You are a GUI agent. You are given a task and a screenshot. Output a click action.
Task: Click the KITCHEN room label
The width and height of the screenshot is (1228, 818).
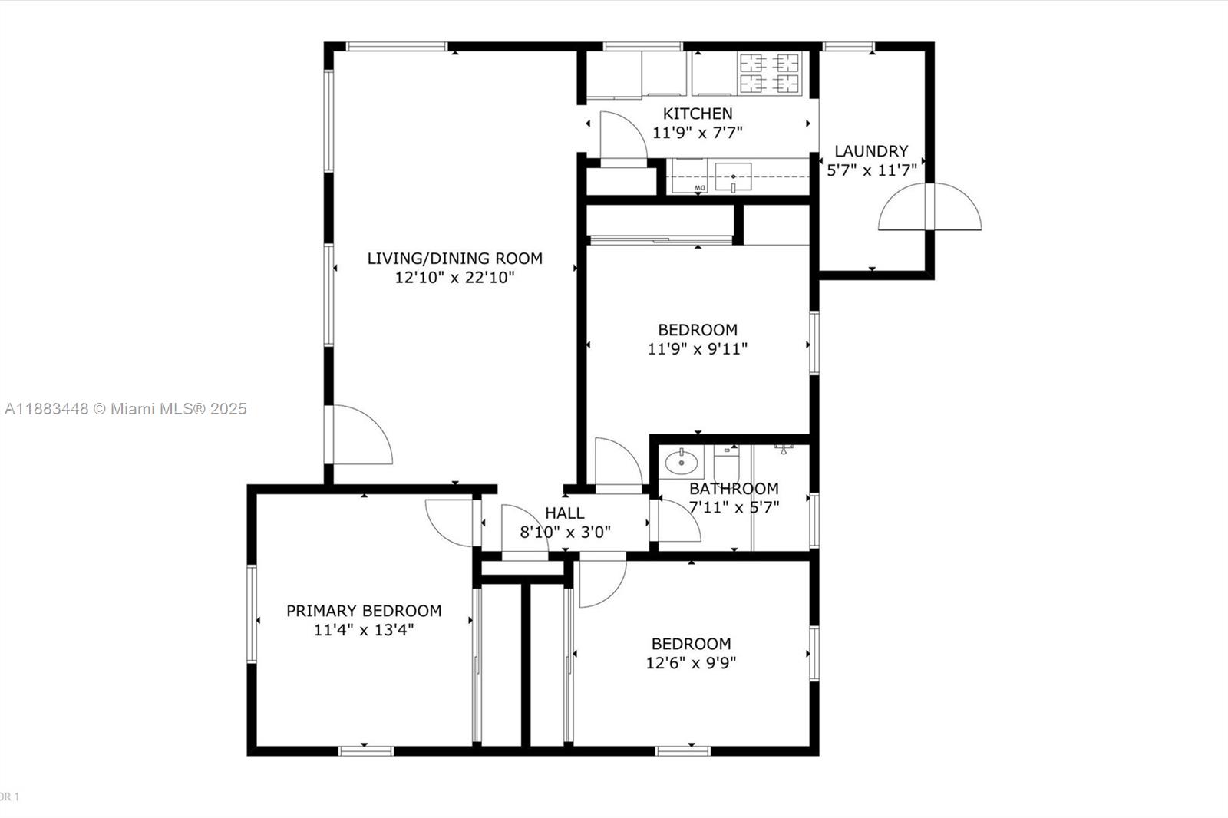pyautogui.click(x=698, y=114)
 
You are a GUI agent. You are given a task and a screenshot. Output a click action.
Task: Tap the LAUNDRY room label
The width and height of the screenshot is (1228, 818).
pyautogui.click(x=871, y=150)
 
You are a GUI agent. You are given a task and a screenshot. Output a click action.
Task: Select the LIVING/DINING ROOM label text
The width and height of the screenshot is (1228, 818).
pyautogui.click(x=454, y=259)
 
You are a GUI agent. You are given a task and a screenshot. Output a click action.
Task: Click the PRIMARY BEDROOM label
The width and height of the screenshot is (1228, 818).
pyautogui.click(x=364, y=610)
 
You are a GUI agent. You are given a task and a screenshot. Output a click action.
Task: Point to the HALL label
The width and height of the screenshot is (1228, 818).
pyautogui.click(x=565, y=513)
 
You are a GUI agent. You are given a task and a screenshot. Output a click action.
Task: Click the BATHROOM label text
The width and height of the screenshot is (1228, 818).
pyautogui.click(x=734, y=489)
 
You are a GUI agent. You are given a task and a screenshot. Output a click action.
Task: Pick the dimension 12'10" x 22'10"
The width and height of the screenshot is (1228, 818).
pyautogui.click(x=454, y=278)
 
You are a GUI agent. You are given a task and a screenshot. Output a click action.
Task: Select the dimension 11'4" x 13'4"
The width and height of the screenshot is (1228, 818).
pyautogui.click(x=364, y=630)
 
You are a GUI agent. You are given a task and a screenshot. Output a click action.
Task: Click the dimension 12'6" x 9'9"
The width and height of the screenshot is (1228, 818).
pyautogui.click(x=691, y=663)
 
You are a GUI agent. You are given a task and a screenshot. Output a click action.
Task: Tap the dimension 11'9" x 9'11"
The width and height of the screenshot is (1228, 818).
pyautogui.click(x=698, y=348)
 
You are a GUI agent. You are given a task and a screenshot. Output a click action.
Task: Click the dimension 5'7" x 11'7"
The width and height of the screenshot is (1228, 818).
pyautogui.click(x=872, y=170)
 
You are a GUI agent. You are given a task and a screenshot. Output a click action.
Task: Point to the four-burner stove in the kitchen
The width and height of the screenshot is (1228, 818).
pyautogui.click(x=770, y=74)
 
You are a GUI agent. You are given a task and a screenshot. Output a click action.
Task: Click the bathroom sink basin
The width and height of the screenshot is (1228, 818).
pyautogui.click(x=682, y=462)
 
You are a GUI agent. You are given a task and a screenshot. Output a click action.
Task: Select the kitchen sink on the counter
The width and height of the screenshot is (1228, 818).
pyautogui.click(x=733, y=177)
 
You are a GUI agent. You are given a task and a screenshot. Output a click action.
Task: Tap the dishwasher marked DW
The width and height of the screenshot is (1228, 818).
pyautogui.click(x=690, y=176)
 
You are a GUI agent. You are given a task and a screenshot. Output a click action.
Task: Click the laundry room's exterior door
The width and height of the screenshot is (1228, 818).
pyautogui.click(x=929, y=206)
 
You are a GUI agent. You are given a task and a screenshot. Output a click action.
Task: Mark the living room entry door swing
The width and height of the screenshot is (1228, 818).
pyautogui.click(x=359, y=435)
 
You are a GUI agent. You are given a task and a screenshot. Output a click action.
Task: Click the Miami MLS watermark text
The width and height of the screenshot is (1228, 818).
pyautogui.click(x=126, y=409)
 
